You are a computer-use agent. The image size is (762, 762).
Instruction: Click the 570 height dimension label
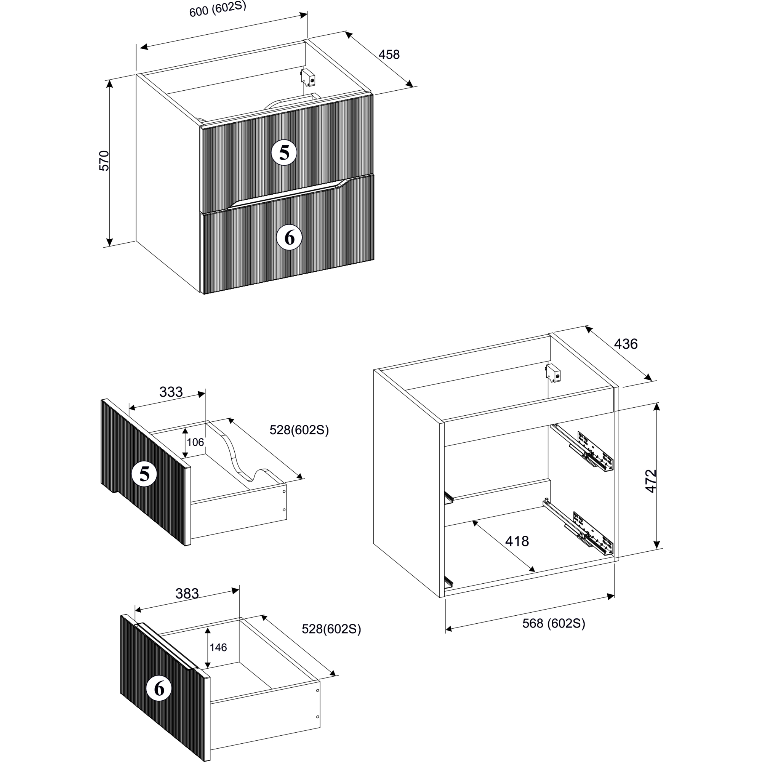104,160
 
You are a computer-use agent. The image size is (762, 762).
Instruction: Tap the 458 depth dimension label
389,54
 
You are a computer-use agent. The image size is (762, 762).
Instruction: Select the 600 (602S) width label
218,9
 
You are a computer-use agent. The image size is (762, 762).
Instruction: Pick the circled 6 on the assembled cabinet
290,238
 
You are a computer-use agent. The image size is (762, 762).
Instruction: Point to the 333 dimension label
171,392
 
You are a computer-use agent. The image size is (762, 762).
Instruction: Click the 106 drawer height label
195,442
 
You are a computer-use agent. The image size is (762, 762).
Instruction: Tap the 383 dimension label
187,594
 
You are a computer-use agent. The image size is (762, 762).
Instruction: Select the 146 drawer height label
218,647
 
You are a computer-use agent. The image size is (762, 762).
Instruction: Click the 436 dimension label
626,344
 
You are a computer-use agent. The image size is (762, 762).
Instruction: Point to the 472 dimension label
651,481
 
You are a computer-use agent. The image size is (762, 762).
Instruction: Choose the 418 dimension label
517,541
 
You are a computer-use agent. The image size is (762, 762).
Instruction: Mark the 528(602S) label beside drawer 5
299,430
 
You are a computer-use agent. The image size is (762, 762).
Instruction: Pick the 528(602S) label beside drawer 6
331,629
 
